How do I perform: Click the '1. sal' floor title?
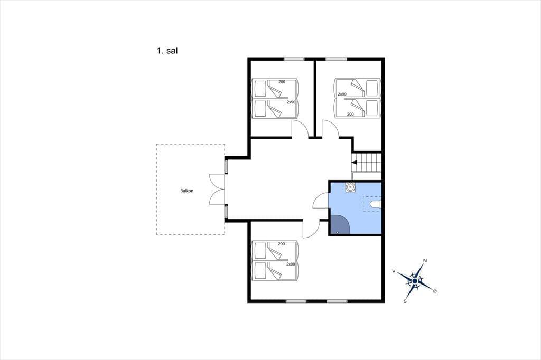tap(167, 51)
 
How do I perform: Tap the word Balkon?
tap(187, 191)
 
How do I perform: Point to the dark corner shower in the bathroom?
tap(339, 224)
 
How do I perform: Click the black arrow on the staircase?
tap(354, 162)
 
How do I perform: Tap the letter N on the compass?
tap(425, 261)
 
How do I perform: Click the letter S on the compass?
tap(405, 301)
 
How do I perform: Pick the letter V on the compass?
tap(394, 271)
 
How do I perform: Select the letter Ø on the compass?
tap(435, 291)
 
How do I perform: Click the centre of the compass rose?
tap(415, 281)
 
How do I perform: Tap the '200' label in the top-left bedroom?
tap(282, 82)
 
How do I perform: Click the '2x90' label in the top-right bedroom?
tap(342, 94)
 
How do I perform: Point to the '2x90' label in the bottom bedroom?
tap(291, 264)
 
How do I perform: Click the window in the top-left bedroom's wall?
tap(294, 59)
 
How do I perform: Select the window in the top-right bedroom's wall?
tap(337, 59)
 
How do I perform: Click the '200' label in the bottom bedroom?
tap(282, 244)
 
